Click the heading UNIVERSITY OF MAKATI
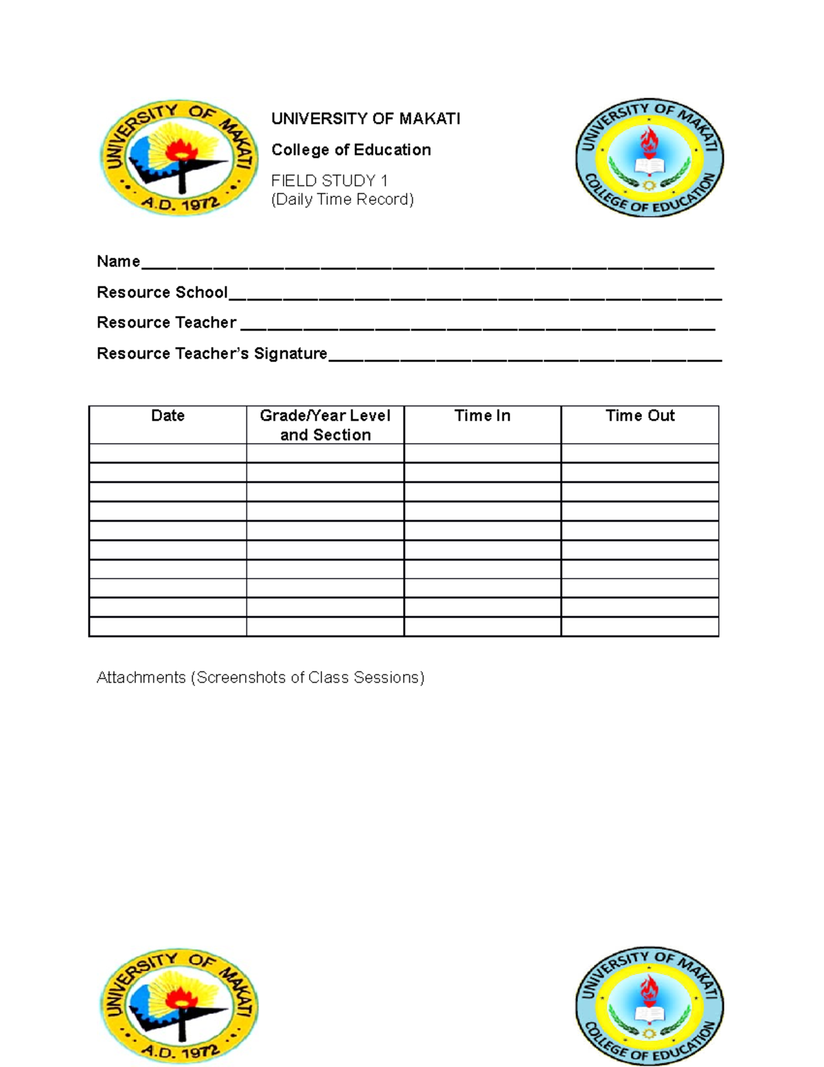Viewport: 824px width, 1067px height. point(365,119)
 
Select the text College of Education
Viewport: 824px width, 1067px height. point(351,150)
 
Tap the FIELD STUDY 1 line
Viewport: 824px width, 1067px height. point(330,181)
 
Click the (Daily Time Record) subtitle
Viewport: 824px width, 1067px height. point(342,199)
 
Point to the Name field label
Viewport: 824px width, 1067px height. point(118,262)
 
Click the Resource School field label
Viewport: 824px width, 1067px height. point(162,293)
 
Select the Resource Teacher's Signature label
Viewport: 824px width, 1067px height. point(211,354)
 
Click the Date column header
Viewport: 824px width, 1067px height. point(168,416)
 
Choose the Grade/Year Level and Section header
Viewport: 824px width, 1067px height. point(325,425)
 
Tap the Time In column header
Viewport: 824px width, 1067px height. point(482,416)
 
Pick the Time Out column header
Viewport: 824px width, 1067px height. point(640,416)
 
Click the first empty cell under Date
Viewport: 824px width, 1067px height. point(168,453)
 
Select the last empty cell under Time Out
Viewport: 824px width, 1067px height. point(640,627)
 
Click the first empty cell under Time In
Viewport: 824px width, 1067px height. point(482,453)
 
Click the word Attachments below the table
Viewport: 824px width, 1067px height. point(141,677)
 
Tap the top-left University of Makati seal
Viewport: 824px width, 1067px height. point(179,157)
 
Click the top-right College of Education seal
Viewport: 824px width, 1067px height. point(649,157)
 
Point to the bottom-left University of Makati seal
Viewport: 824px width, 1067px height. point(179,1006)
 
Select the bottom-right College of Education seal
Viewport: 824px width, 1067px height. point(649,1006)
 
